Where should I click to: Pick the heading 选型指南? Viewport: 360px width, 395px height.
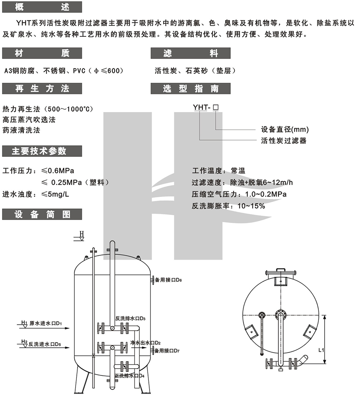[190, 88]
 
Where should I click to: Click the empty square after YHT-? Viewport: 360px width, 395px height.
[216, 108]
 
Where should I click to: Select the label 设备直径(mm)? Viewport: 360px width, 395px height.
[285, 130]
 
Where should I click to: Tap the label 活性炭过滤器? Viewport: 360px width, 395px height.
[284, 140]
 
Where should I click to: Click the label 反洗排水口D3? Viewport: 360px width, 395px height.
[130, 319]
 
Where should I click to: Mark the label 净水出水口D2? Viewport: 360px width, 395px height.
[146, 343]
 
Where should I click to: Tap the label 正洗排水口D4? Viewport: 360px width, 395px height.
[129, 376]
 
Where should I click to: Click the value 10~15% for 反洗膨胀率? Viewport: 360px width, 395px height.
[251, 206]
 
